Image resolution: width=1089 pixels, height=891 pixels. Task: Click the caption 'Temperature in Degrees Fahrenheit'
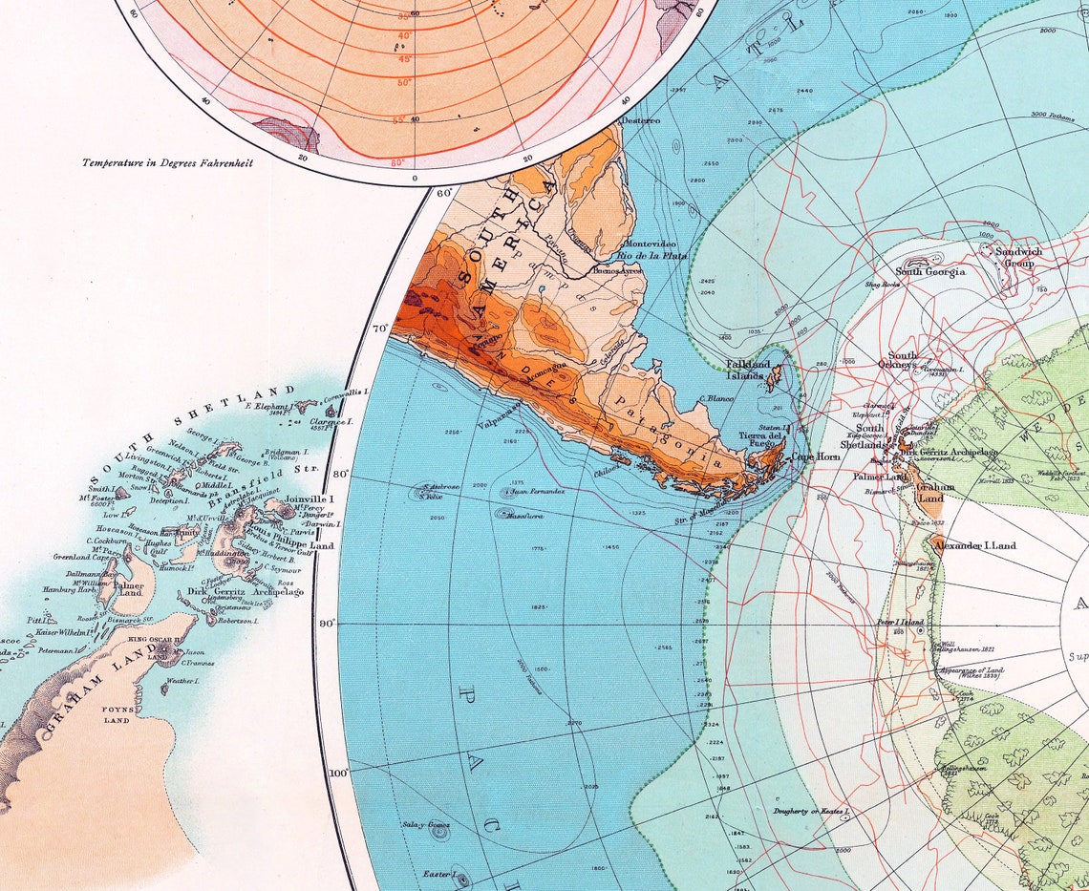(167, 163)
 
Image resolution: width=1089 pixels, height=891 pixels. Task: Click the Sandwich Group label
(1018, 257)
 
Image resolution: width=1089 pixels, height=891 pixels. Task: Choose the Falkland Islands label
(749, 370)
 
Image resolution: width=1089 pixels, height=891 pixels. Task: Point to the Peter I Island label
(899, 623)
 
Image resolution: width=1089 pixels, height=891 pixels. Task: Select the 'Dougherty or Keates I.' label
(811, 811)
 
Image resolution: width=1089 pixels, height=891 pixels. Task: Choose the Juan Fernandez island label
(541, 492)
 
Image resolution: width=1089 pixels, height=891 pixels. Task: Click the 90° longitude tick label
(328, 624)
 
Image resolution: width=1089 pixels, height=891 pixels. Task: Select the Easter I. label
(438, 874)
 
